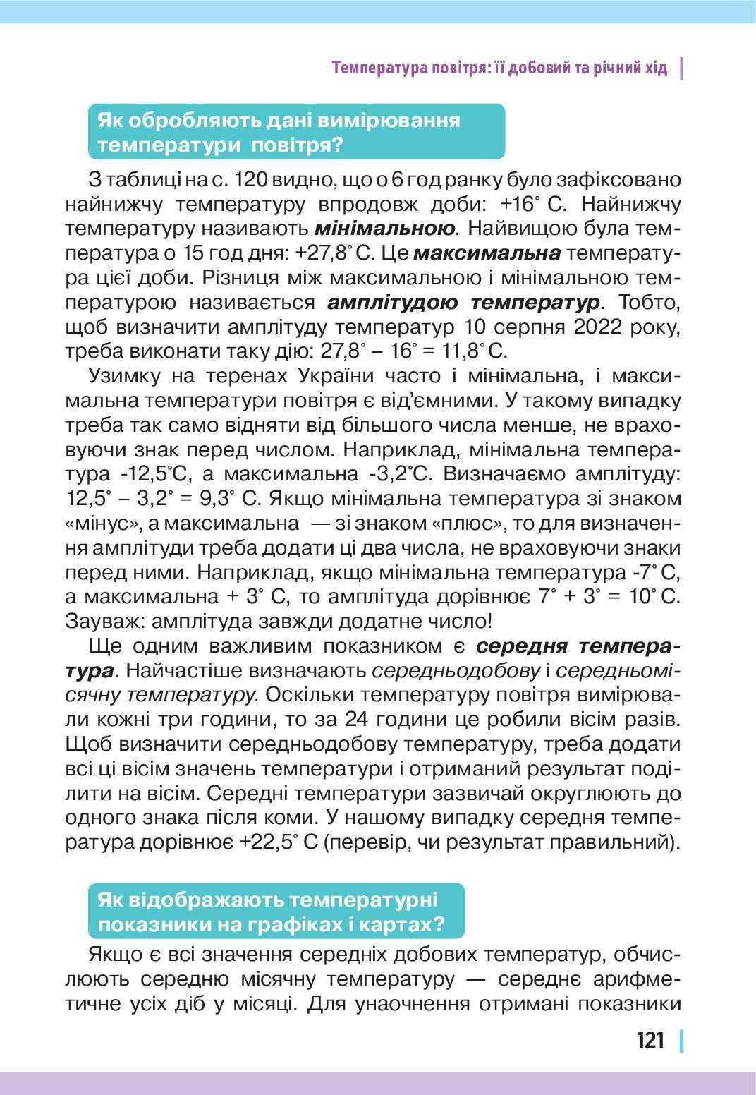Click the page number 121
pyautogui.click(x=650, y=1040)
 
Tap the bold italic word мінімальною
pyautogui.click(x=384, y=229)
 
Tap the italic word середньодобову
pyautogui.click(x=455, y=670)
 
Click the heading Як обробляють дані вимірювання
pyautogui.click(x=279, y=120)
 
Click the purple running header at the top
pyautogui.click(x=499, y=68)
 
